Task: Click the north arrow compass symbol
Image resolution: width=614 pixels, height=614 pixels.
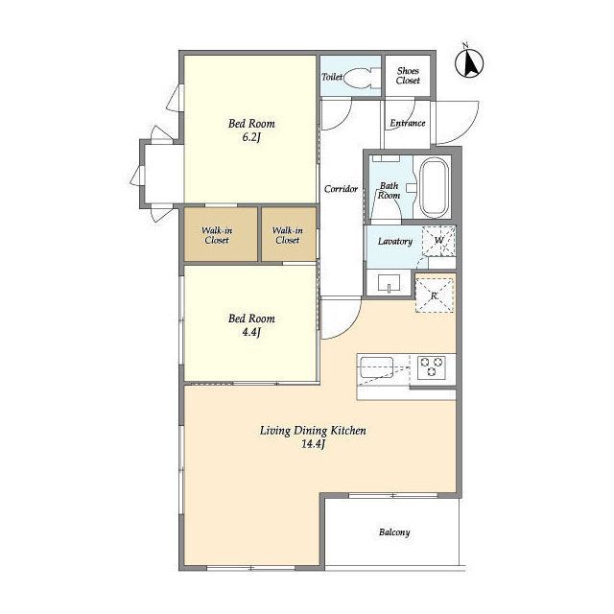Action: coord(469,62)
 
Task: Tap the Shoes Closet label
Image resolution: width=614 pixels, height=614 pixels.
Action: coord(408,76)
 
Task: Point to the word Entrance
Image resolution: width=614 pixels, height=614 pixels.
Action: coord(407,123)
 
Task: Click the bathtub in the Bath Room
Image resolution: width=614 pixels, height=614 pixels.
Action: coord(434,188)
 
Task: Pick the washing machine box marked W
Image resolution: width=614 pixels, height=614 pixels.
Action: coord(439,241)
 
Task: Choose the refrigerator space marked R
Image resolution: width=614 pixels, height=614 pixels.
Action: coord(435,295)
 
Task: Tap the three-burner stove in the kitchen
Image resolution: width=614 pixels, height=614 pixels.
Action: coord(431,367)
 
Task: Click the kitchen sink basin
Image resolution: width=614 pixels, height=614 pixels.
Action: coord(376,367)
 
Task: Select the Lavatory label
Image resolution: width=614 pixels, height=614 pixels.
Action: coord(395,241)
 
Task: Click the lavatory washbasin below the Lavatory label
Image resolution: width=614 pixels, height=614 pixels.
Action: coord(389,283)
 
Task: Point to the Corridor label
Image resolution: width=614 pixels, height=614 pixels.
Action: coord(341,189)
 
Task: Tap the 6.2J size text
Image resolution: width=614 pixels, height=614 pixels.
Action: coord(251,137)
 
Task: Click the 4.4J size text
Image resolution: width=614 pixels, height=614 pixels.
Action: coord(251,333)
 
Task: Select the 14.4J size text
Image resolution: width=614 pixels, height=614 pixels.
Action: coord(314,444)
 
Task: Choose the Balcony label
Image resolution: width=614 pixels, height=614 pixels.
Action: coord(394,532)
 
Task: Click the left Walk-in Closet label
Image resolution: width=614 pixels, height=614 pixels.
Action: coord(217,235)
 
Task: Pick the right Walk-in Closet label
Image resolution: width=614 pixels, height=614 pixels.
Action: coord(288,235)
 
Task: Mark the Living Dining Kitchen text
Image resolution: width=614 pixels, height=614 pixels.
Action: coord(313,431)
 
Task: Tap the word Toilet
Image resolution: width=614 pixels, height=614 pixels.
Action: coord(332,77)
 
